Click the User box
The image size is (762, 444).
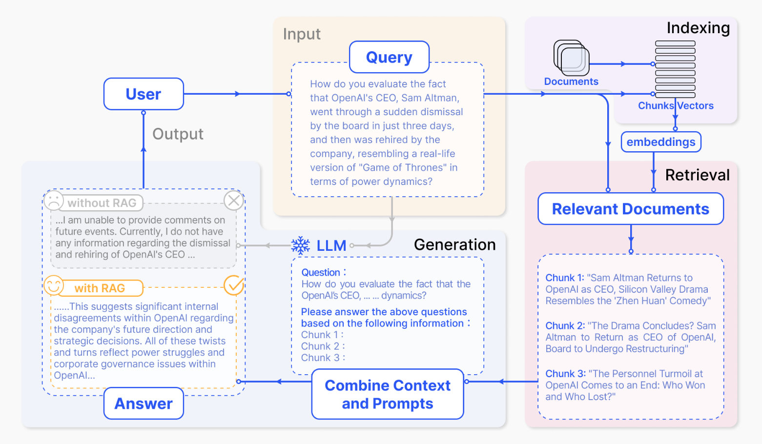point(144,94)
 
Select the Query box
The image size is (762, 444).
point(389,57)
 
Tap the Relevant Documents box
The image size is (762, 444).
point(630,209)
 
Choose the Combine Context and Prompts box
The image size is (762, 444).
point(388,394)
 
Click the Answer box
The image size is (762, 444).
point(144,404)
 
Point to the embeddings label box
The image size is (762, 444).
point(661,142)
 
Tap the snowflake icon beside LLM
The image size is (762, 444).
point(301,245)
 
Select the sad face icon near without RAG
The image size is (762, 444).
point(54,201)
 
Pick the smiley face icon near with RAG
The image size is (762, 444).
point(54,285)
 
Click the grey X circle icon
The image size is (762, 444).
point(234,200)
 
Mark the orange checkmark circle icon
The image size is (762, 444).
point(234,285)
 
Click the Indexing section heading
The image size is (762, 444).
point(698,28)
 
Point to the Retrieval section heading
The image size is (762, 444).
point(697,175)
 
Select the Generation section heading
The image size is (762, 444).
point(454,244)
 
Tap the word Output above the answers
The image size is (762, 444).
point(178,134)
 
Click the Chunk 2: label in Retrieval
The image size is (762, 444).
point(565,326)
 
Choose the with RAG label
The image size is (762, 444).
point(100,288)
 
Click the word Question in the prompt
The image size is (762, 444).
point(321,272)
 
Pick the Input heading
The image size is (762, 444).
point(302,34)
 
